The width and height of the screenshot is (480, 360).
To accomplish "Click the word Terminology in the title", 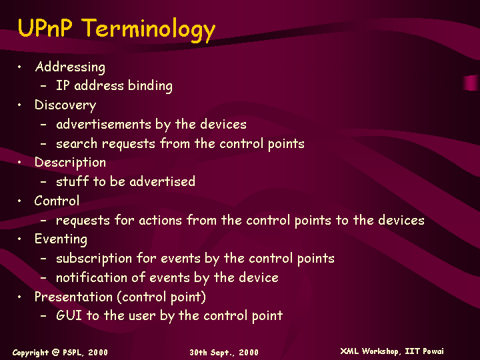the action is [149, 29].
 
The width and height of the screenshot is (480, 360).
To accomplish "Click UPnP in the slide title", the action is [45, 27].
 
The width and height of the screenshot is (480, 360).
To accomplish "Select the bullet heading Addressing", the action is [70, 67].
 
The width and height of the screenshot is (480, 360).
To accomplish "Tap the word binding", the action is [150, 86].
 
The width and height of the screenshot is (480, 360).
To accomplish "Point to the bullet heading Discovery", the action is [65, 105].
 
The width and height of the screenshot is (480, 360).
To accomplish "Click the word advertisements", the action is [103, 124].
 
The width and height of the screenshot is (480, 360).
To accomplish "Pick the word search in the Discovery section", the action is [77, 143].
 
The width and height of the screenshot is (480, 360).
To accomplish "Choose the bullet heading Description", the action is [70, 163].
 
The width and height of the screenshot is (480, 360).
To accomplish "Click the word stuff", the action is [72, 181].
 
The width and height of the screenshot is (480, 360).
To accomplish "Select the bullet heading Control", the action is [57, 201].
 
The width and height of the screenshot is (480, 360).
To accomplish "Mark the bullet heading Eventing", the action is [61, 239].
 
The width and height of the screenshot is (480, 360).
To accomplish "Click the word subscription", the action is [94, 259].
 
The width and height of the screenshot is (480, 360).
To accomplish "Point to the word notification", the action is [91, 277].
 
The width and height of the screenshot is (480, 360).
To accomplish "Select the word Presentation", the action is [73, 297].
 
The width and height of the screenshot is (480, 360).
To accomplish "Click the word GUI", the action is [69, 315].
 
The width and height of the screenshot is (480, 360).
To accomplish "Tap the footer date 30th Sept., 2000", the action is [224, 353].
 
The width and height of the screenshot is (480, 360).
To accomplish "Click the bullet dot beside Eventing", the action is [19, 239].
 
